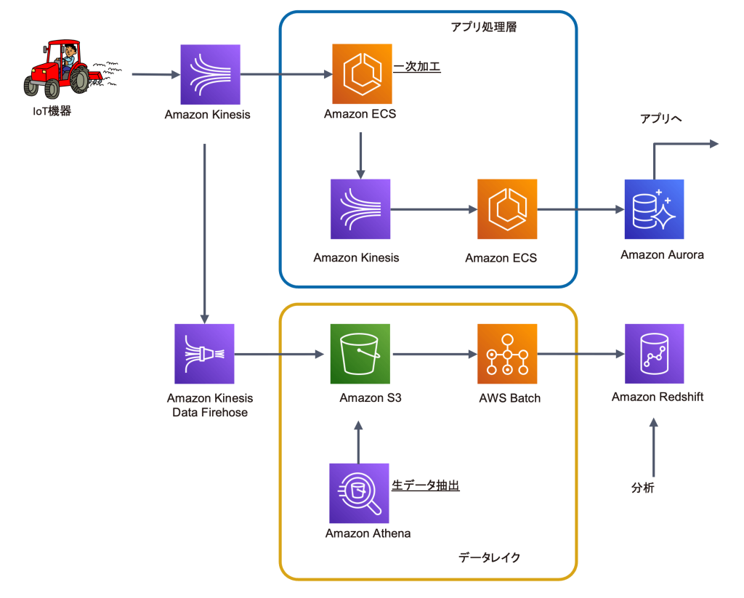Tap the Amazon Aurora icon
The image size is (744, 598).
(x=654, y=209)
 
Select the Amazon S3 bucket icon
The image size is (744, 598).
(x=360, y=354)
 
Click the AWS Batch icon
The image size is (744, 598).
(x=507, y=354)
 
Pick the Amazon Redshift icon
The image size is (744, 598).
(x=654, y=354)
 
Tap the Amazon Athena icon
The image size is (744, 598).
(x=359, y=493)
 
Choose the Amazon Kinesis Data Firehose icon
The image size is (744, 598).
(x=204, y=354)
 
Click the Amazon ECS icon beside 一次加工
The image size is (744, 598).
(x=362, y=73)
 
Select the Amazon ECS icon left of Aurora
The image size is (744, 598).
(x=507, y=209)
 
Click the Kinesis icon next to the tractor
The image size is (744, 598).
(x=211, y=74)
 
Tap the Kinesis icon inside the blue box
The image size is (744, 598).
(x=360, y=209)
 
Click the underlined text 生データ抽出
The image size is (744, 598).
(x=426, y=485)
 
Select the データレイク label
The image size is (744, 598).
(x=489, y=557)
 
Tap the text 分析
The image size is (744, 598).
(x=642, y=488)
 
